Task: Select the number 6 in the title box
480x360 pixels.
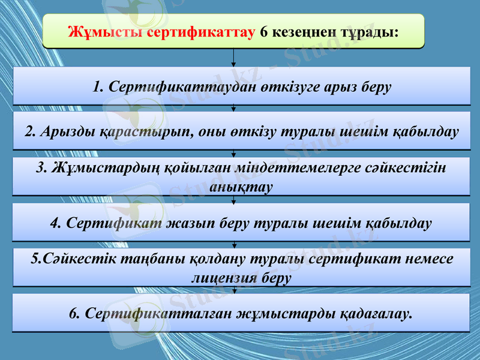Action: (x=264, y=31)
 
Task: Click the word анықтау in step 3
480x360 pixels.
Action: (x=241, y=186)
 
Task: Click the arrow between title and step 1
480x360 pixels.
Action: (x=234, y=58)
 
